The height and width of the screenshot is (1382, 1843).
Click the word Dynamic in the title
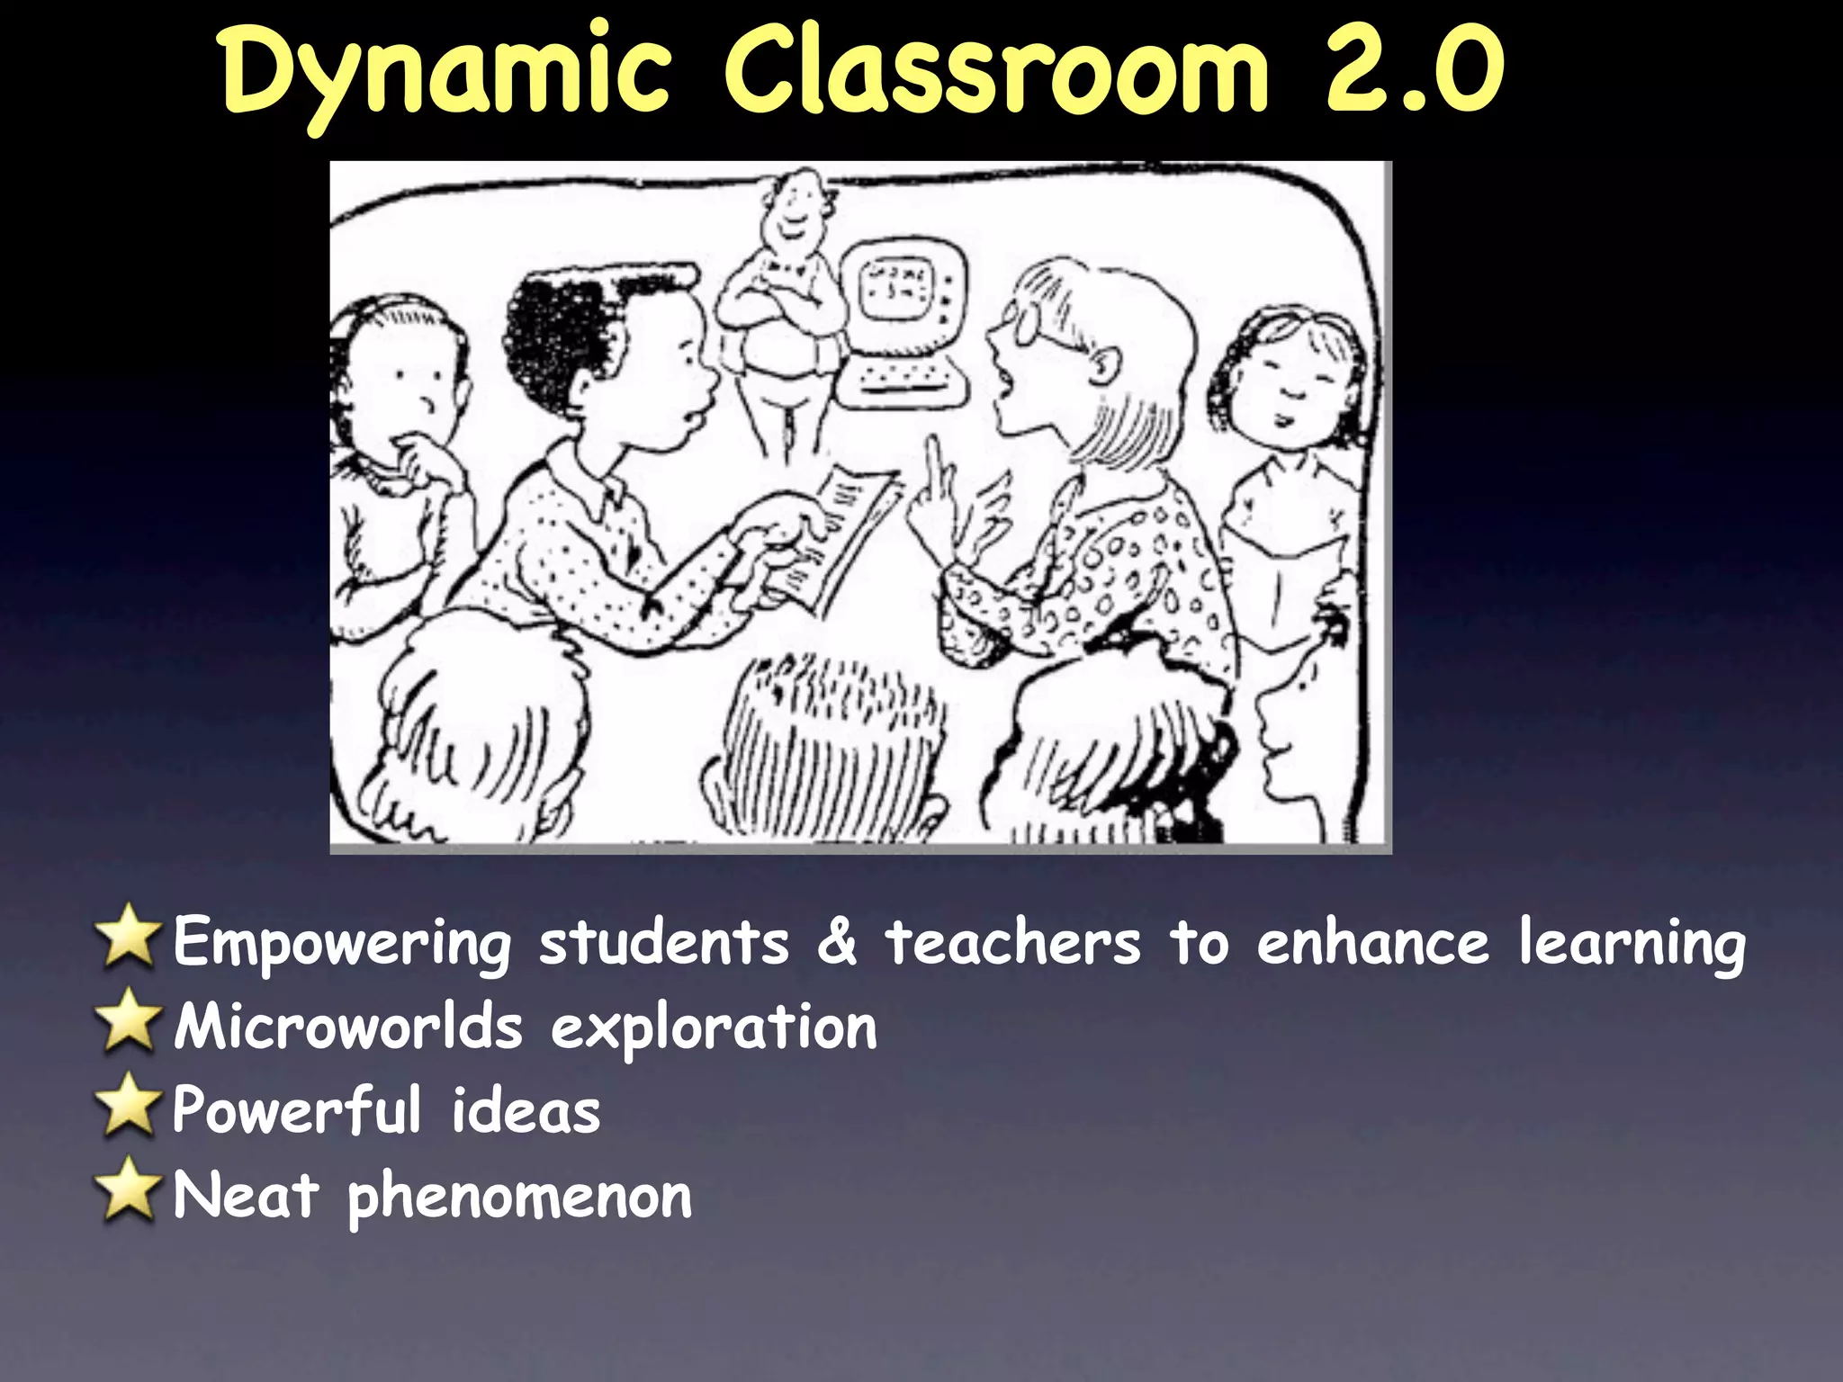point(445,72)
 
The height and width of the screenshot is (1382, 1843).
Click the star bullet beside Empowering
point(129,938)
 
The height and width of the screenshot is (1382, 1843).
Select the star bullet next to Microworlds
point(129,1023)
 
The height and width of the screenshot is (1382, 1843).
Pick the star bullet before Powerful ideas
point(129,1108)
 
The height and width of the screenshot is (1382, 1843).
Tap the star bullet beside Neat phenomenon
point(129,1192)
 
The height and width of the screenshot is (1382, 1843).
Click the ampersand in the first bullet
point(836,941)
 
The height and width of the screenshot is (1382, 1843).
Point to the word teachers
point(1013,943)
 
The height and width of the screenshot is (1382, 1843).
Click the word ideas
point(526,1112)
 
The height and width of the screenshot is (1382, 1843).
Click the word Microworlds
point(347,1028)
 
